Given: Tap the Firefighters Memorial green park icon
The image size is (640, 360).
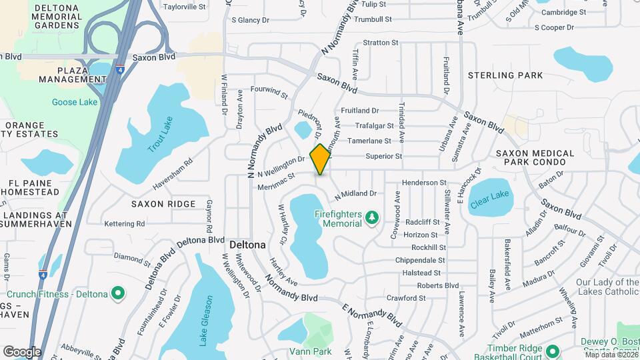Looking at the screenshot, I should [x=372, y=217].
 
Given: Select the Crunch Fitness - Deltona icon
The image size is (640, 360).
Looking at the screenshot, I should [x=117, y=293].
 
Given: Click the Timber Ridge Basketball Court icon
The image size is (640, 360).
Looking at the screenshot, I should [x=552, y=351].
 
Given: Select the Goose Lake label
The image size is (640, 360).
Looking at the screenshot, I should [x=75, y=102].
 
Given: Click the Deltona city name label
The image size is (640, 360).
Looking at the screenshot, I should [x=247, y=245].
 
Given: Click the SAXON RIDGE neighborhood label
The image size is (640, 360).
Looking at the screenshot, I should [x=163, y=204].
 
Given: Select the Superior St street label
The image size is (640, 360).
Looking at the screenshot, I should [x=384, y=157].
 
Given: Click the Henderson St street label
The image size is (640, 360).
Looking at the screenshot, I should [x=424, y=182].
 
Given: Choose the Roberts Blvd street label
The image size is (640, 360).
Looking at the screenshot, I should [x=438, y=285].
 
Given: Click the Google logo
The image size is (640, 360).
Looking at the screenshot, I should [x=22, y=351].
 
